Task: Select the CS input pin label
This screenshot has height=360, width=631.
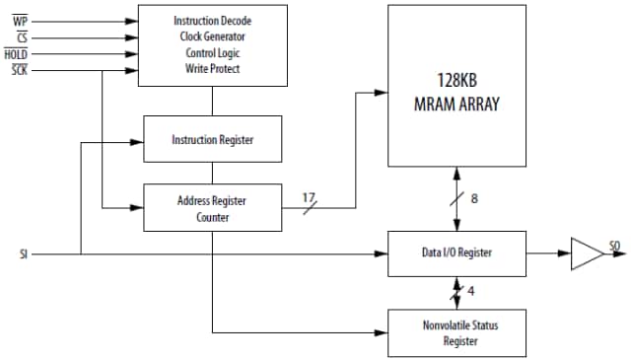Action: click(20, 37)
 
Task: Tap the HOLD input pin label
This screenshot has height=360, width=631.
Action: click(16, 54)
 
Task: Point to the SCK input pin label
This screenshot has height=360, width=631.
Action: click(19, 70)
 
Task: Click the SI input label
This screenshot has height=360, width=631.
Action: click(23, 253)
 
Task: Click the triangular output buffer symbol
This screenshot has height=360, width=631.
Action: click(588, 253)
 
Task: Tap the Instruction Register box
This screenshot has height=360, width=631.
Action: click(213, 140)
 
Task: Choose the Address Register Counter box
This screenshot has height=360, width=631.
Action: click(213, 208)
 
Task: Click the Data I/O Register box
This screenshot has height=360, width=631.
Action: click(456, 253)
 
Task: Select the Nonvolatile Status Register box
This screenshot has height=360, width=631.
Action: click(456, 333)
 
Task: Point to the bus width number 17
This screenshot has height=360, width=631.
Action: click(310, 196)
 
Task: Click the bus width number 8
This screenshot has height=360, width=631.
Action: click(473, 199)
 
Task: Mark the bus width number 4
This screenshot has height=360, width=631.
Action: click(473, 292)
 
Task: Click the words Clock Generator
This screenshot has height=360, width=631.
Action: click(212, 36)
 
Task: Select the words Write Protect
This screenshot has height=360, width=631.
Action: click(212, 68)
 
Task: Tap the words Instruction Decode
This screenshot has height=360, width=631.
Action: click(212, 21)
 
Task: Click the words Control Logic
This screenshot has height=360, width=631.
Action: click(212, 52)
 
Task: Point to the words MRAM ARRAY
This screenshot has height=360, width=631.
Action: click(456, 102)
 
